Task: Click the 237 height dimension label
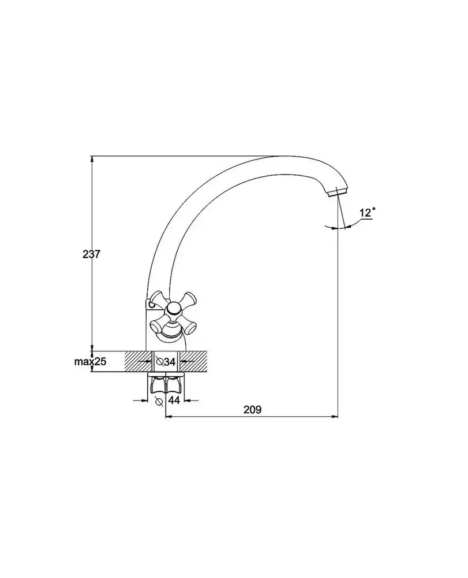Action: coord(91,254)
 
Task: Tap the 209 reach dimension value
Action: coord(252,410)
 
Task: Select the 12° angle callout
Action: coord(367,213)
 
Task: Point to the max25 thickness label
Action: coord(90,362)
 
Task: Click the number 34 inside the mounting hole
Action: coord(170,362)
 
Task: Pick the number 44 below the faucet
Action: coord(174,400)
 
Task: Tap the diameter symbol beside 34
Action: coord(160,362)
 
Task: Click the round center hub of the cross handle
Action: coord(172,309)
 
